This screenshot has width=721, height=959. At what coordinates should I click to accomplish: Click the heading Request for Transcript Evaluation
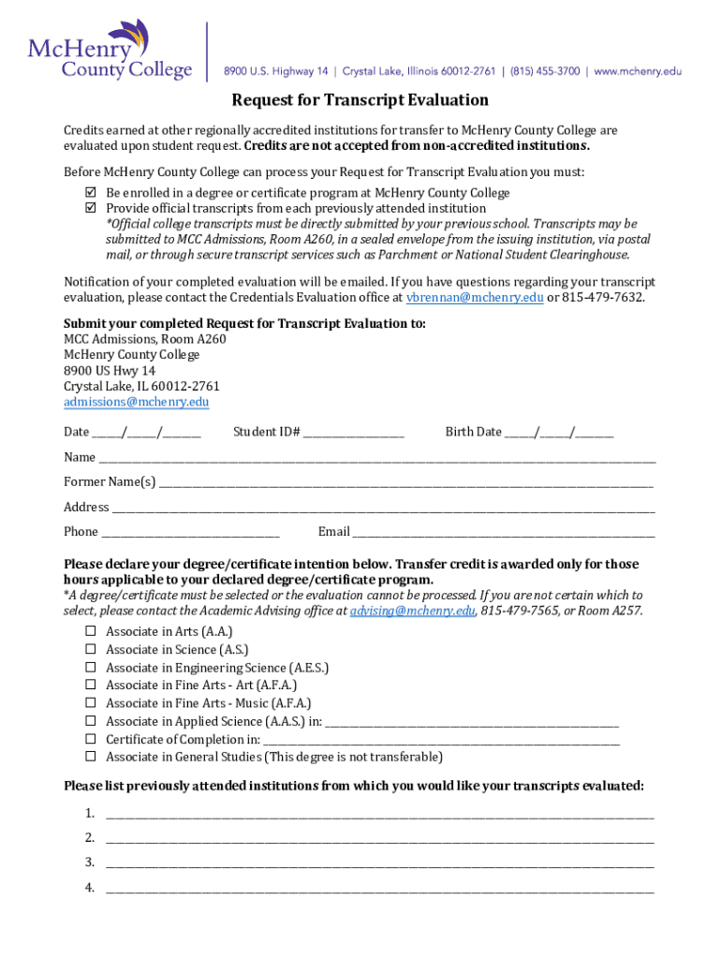tap(360, 100)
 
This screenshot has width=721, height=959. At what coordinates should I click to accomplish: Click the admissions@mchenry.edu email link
tap(136, 403)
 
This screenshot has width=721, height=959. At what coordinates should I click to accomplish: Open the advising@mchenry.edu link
tap(413, 611)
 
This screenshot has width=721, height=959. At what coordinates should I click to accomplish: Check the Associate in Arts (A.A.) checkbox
tap(91, 632)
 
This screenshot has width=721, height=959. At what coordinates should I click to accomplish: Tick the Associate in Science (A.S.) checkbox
tap(91, 650)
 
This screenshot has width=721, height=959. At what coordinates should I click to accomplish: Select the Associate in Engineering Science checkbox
tap(91, 668)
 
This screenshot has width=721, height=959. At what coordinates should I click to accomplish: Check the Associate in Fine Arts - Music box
tap(91, 703)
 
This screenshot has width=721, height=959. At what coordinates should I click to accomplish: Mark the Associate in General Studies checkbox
tap(91, 757)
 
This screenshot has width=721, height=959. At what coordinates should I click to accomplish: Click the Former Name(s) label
tap(110, 482)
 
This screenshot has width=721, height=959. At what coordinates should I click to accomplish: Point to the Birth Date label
tap(473, 432)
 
